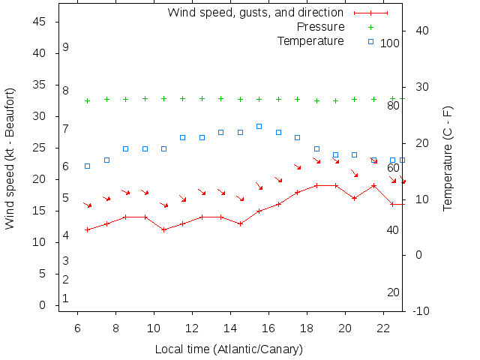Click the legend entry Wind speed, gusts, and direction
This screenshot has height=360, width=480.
pyautogui.click(x=255, y=13)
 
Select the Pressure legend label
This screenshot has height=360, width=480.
pyautogui.click(x=310, y=27)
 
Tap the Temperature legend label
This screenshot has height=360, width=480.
pyautogui.click(x=310, y=40)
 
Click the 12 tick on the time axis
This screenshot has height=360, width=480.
pyautogui.click(x=192, y=328)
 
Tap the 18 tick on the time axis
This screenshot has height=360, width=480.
pyautogui.click(x=307, y=328)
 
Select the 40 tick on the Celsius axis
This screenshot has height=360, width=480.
pyautogui.click(x=418, y=31)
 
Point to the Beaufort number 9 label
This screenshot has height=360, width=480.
pyautogui.click(x=66, y=47)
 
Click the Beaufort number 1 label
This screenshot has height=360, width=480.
pyautogui.click(x=66, y=298)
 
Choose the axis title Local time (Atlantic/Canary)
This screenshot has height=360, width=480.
pyautogui.click(x=229, y=349)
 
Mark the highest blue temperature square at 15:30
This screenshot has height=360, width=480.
pyautogui.click(x=259, y=126)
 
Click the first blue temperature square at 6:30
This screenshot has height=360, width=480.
pyautogui.click(x=87, y=166)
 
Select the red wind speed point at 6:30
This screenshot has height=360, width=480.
pyautogui.click(x=87, y=229)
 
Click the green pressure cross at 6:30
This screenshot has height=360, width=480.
pyautogui.click(x=87, y=100)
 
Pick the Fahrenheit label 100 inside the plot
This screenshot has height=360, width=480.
pyautogui.click(x=390, y=43)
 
